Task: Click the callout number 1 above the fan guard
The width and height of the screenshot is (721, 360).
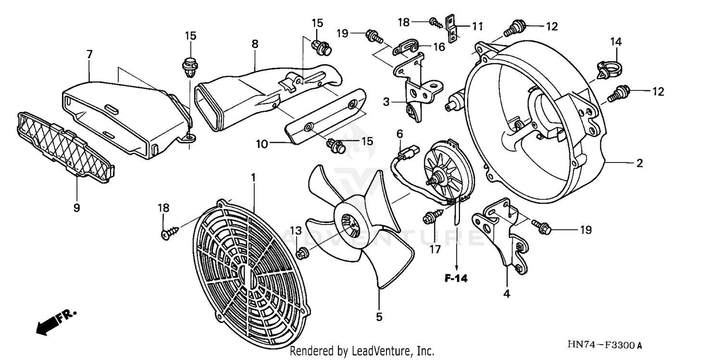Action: (x=253, y=178)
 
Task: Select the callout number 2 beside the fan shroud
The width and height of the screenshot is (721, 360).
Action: (x=639, y=163)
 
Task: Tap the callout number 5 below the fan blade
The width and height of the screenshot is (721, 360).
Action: (x=379, y=317)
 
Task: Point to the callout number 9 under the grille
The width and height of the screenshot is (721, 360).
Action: (x=76, y=208)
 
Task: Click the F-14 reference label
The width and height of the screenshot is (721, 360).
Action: (x=455, y=278)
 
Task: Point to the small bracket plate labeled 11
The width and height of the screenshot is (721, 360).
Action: (x=452, y=29)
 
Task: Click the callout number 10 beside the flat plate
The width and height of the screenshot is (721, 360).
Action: (x=261, y=143)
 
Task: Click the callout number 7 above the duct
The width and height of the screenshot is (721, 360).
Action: (x=89, y=54)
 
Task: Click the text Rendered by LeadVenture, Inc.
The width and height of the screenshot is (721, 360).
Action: (x=362, y=351)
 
